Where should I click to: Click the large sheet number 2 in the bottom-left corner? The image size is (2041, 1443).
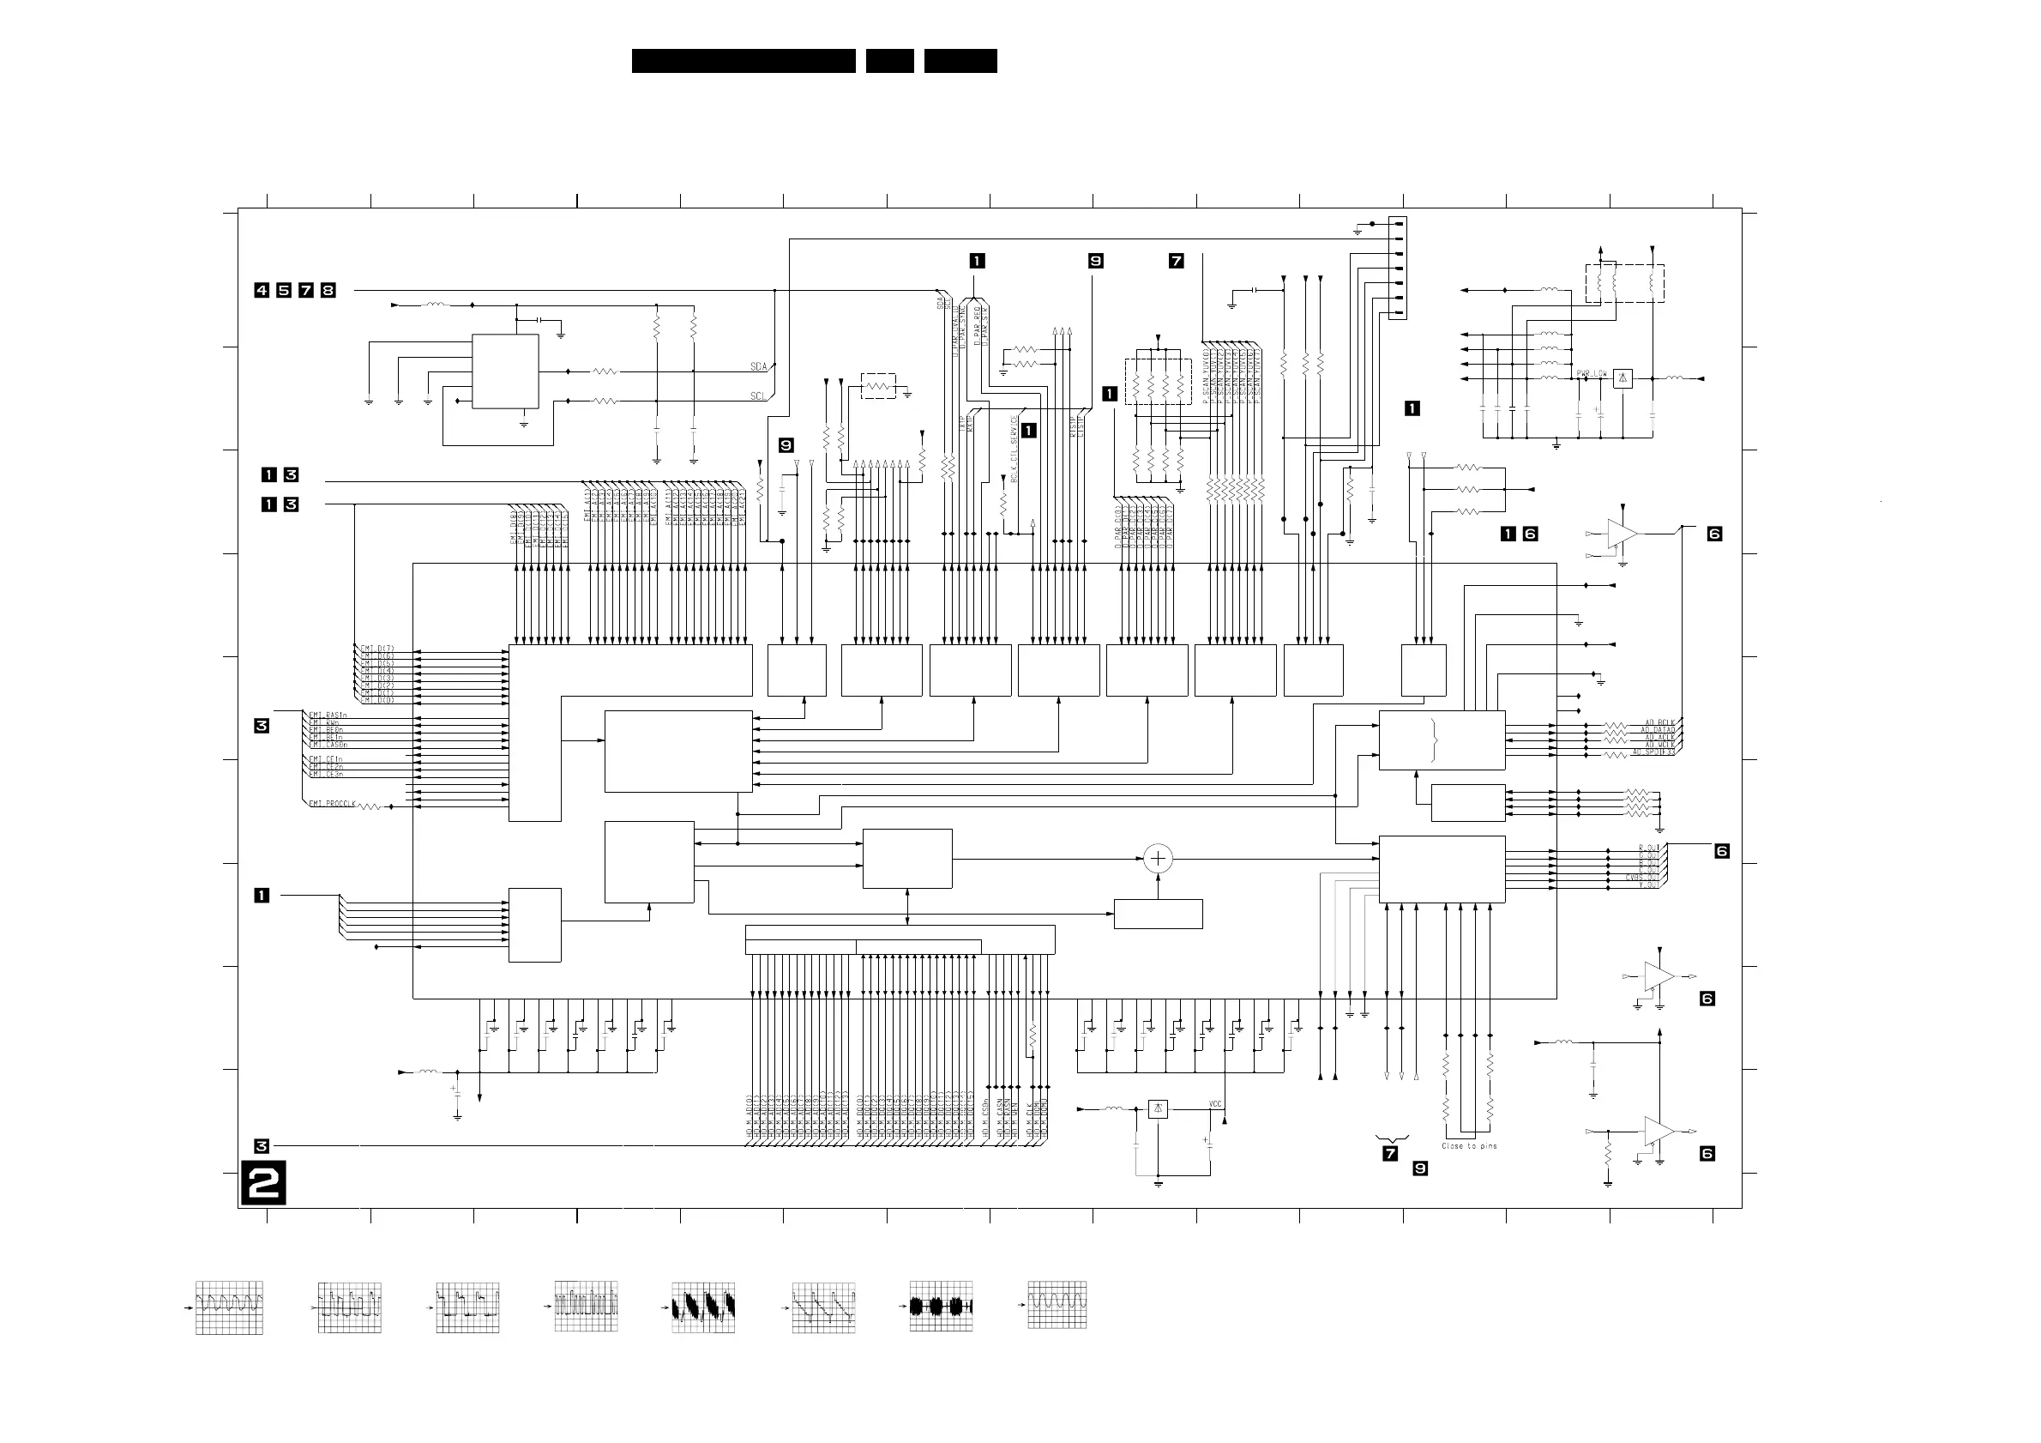point(263,1183)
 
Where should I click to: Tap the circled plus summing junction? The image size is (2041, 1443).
point(1158,859)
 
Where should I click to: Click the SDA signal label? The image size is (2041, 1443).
point(758,366)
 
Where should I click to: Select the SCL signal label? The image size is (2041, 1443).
point(758,395)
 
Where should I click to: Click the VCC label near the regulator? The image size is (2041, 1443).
point(1215,1104)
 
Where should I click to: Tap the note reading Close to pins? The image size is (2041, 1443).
point(1468,1146)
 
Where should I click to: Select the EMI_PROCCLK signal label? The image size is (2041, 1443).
point(332,804)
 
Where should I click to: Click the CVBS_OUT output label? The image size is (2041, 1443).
point(1643,877)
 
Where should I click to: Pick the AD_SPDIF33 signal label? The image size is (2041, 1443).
point(1653,752)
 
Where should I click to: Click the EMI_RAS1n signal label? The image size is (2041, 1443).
point(327,715)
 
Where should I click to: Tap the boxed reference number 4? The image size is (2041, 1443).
point(262,290)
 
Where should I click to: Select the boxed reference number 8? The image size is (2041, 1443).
point(328,290)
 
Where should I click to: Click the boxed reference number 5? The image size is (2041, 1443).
point(284,290)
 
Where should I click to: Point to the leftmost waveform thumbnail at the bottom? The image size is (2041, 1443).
point(228,1307)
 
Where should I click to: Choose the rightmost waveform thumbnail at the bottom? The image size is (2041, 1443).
point(1057,1304)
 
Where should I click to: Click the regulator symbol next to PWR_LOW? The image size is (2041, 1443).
point(1623,378)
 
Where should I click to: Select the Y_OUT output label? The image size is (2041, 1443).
point(1648,885)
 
